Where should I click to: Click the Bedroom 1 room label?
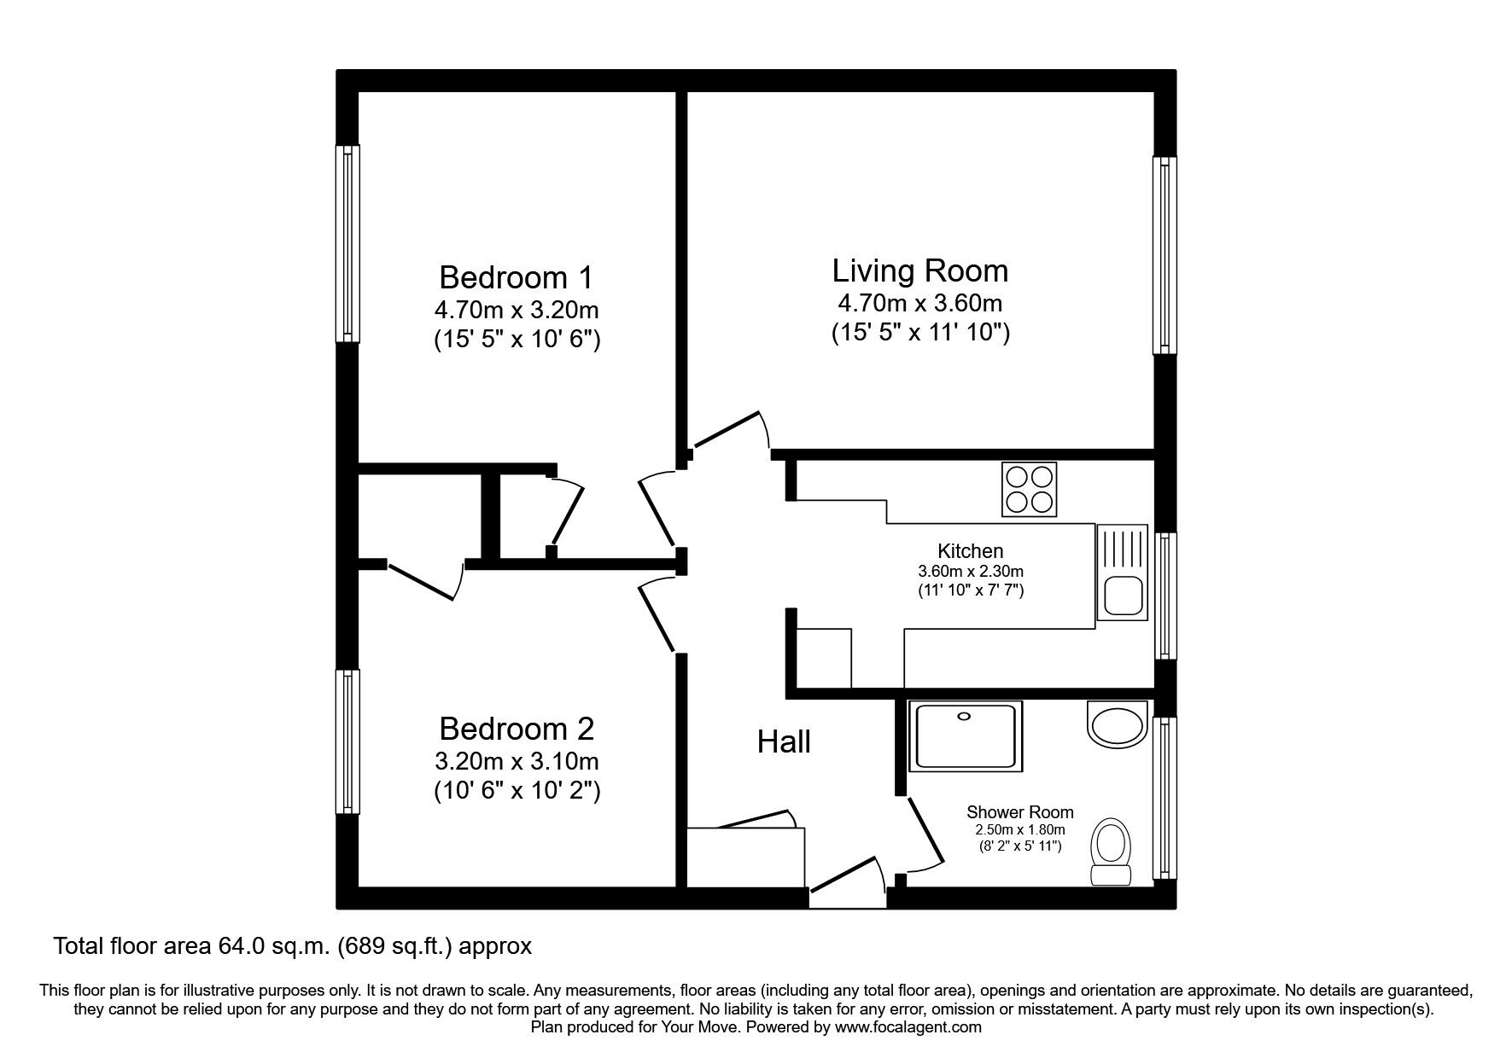point(515,277)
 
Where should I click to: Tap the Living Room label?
point(919,270)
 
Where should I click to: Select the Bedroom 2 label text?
point(515,729)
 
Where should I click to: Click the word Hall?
point(783,741)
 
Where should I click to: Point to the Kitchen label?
point(970,551)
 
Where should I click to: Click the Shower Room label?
point(1019,812)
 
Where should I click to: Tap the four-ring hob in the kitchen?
point(1029,489)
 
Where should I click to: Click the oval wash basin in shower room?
point(1116,724)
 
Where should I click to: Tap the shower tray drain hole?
point(966,717)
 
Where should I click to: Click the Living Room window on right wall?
point(1165,254)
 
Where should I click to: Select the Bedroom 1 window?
point(347,243)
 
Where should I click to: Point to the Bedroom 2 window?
point(347,741)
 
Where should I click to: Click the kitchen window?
point(1165,595)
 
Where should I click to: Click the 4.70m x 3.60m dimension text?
point(919,303)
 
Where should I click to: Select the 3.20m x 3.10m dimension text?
point(516,760)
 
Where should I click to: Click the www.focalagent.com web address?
point(908,1027)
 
